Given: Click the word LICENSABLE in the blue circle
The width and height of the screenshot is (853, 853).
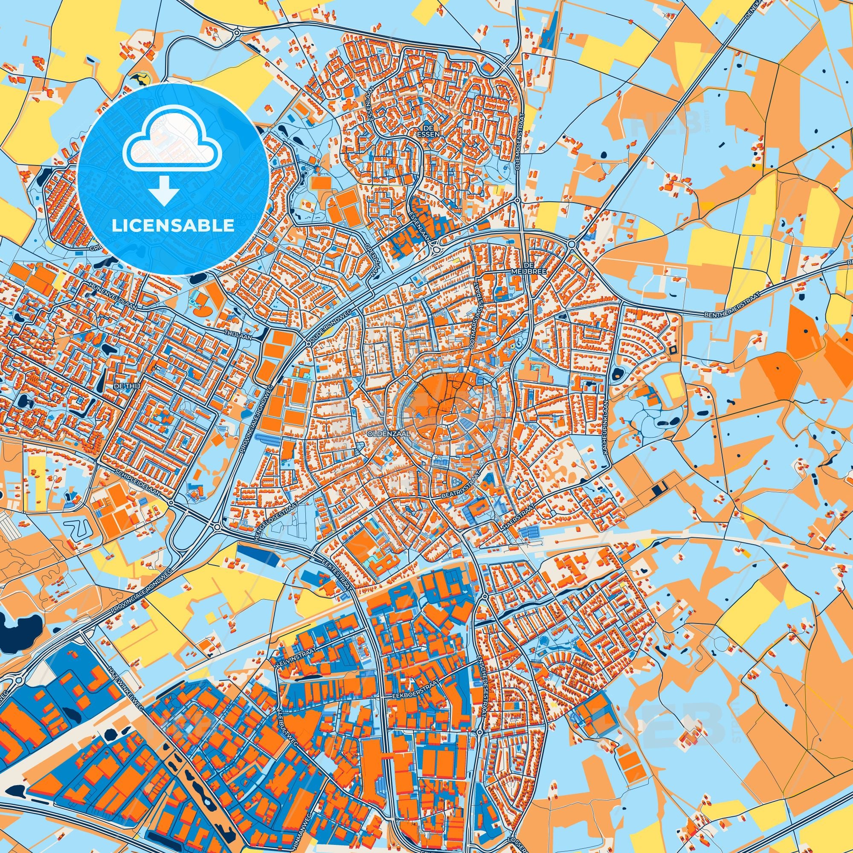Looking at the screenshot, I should [x=173, y=226].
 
